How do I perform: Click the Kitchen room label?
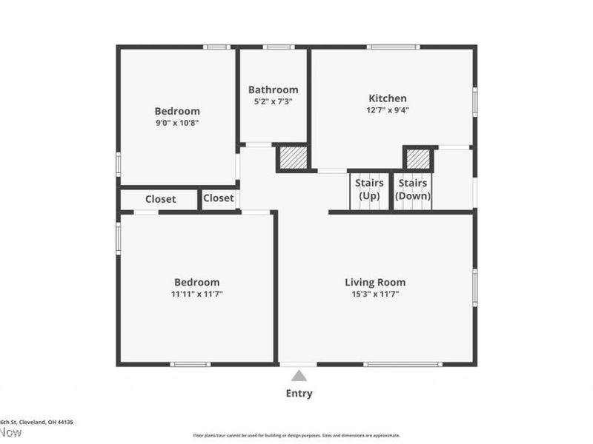(x=388, y=98)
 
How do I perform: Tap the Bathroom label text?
(x=273, y=90)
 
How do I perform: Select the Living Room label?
(x=375, y=282)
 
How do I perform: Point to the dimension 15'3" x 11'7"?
(x=375, y=294)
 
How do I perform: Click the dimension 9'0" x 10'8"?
(x=177, y=123)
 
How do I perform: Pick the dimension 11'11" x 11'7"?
(x=196, y=294)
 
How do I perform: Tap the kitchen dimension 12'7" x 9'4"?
(x=388, y=110)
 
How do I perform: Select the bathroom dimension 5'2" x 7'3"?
(x=273, y=101)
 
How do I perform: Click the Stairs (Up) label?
(x=369, y=189)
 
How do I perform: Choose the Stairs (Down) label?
(x=413, y=189)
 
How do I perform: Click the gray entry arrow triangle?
(x=299, y=376)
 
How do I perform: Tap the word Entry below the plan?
(x=299, y=394)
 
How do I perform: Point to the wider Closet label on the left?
(x=160, y=199)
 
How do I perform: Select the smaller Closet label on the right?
(x=218, y=198)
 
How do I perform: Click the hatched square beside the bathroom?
(x=291, y=158)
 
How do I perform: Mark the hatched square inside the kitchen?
(x=418, y=158)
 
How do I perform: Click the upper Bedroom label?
(x=177, y=111)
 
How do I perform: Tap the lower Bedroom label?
(x=196, y=282)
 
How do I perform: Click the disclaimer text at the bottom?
(x=296, y=435)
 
